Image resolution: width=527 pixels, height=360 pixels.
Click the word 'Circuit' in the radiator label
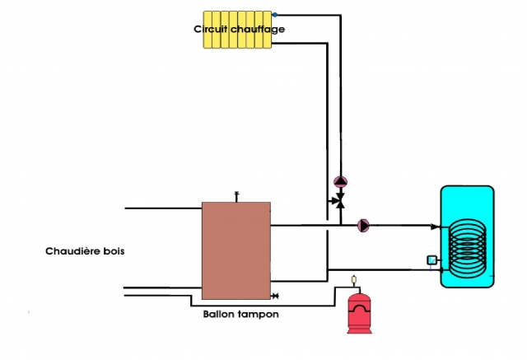coord(211,29)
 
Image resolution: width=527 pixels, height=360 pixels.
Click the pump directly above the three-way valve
coord(339,183)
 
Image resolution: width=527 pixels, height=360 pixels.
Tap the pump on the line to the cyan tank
coord(363,225)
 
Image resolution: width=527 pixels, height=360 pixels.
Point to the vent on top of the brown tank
coord(236,195)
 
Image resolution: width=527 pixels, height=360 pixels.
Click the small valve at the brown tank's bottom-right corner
coord(275,296)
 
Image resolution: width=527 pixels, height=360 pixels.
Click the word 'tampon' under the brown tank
coord(259,314)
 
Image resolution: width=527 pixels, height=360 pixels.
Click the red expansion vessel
coord(357,313)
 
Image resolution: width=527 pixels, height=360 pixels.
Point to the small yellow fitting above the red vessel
coord(355,282)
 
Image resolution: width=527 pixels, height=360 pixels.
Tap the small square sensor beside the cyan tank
coord(431,260)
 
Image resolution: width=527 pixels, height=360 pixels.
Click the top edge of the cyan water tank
coord(467,186)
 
